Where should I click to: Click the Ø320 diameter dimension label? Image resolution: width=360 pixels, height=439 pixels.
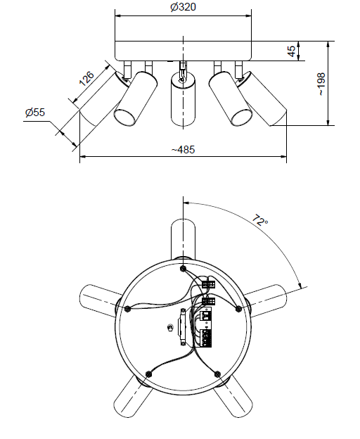[184, 7]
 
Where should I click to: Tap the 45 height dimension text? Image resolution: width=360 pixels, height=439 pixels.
[292, 51]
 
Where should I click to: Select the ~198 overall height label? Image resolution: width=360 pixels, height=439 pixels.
[321, 84]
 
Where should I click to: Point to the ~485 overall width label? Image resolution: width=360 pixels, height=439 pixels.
[184, 150]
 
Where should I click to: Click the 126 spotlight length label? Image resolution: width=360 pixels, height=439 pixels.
[86, 79]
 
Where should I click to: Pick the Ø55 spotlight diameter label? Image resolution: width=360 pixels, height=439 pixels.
[35, 113]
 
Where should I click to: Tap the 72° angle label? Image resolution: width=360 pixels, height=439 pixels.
[260, 220]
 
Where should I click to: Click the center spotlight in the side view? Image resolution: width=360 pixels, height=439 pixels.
[184, 98]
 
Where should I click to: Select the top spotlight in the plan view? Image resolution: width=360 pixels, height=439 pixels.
[184, 239]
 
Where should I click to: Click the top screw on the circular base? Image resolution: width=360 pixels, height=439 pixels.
[183, 269]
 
